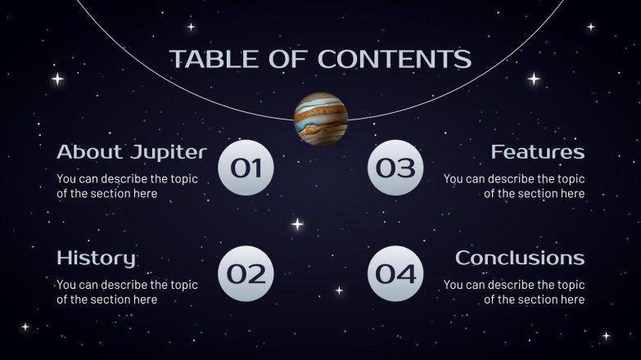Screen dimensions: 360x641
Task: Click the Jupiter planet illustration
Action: point(321,119)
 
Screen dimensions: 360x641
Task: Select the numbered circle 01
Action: point(246,168)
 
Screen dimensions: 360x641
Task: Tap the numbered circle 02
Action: point(246,274)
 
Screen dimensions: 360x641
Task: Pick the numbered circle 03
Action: point(395,168)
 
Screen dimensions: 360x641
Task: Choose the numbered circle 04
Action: point(395,274)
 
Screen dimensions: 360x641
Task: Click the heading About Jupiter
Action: point(131,152)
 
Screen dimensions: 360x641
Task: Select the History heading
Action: point(96,259)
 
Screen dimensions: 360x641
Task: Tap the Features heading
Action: point(538,152)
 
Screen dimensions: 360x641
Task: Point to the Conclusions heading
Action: point(520,259)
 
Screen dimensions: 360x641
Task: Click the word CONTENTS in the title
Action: point(395,59)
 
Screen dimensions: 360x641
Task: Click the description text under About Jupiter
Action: point(127,186)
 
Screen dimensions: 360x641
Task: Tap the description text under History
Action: point(127,292)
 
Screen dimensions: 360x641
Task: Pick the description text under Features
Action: point(514,186)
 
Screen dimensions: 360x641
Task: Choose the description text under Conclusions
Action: point(514,292)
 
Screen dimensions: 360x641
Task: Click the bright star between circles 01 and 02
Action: point(297,223)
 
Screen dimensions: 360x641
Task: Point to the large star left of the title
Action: point(57,79)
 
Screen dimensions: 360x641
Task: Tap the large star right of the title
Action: point(534,79)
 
